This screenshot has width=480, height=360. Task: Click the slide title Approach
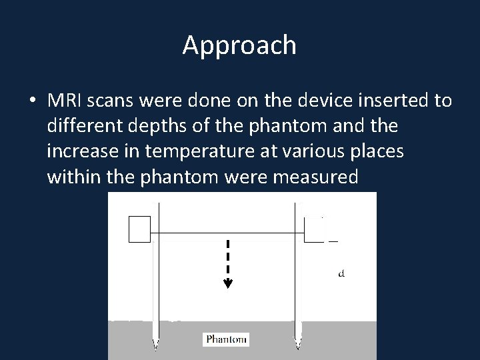[239, 45]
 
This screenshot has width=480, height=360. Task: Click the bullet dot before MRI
[31, 101]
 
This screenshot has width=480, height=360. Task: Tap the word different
[82, 126]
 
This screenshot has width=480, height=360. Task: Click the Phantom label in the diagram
[226, 339]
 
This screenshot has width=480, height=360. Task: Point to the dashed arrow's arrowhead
[228, 283]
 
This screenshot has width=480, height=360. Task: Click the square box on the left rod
[139, 229]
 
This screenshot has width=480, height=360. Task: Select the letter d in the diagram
[341, 273]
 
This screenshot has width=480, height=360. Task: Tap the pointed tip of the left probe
[156, 345]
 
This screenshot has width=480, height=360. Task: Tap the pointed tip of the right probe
[299, 345]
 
